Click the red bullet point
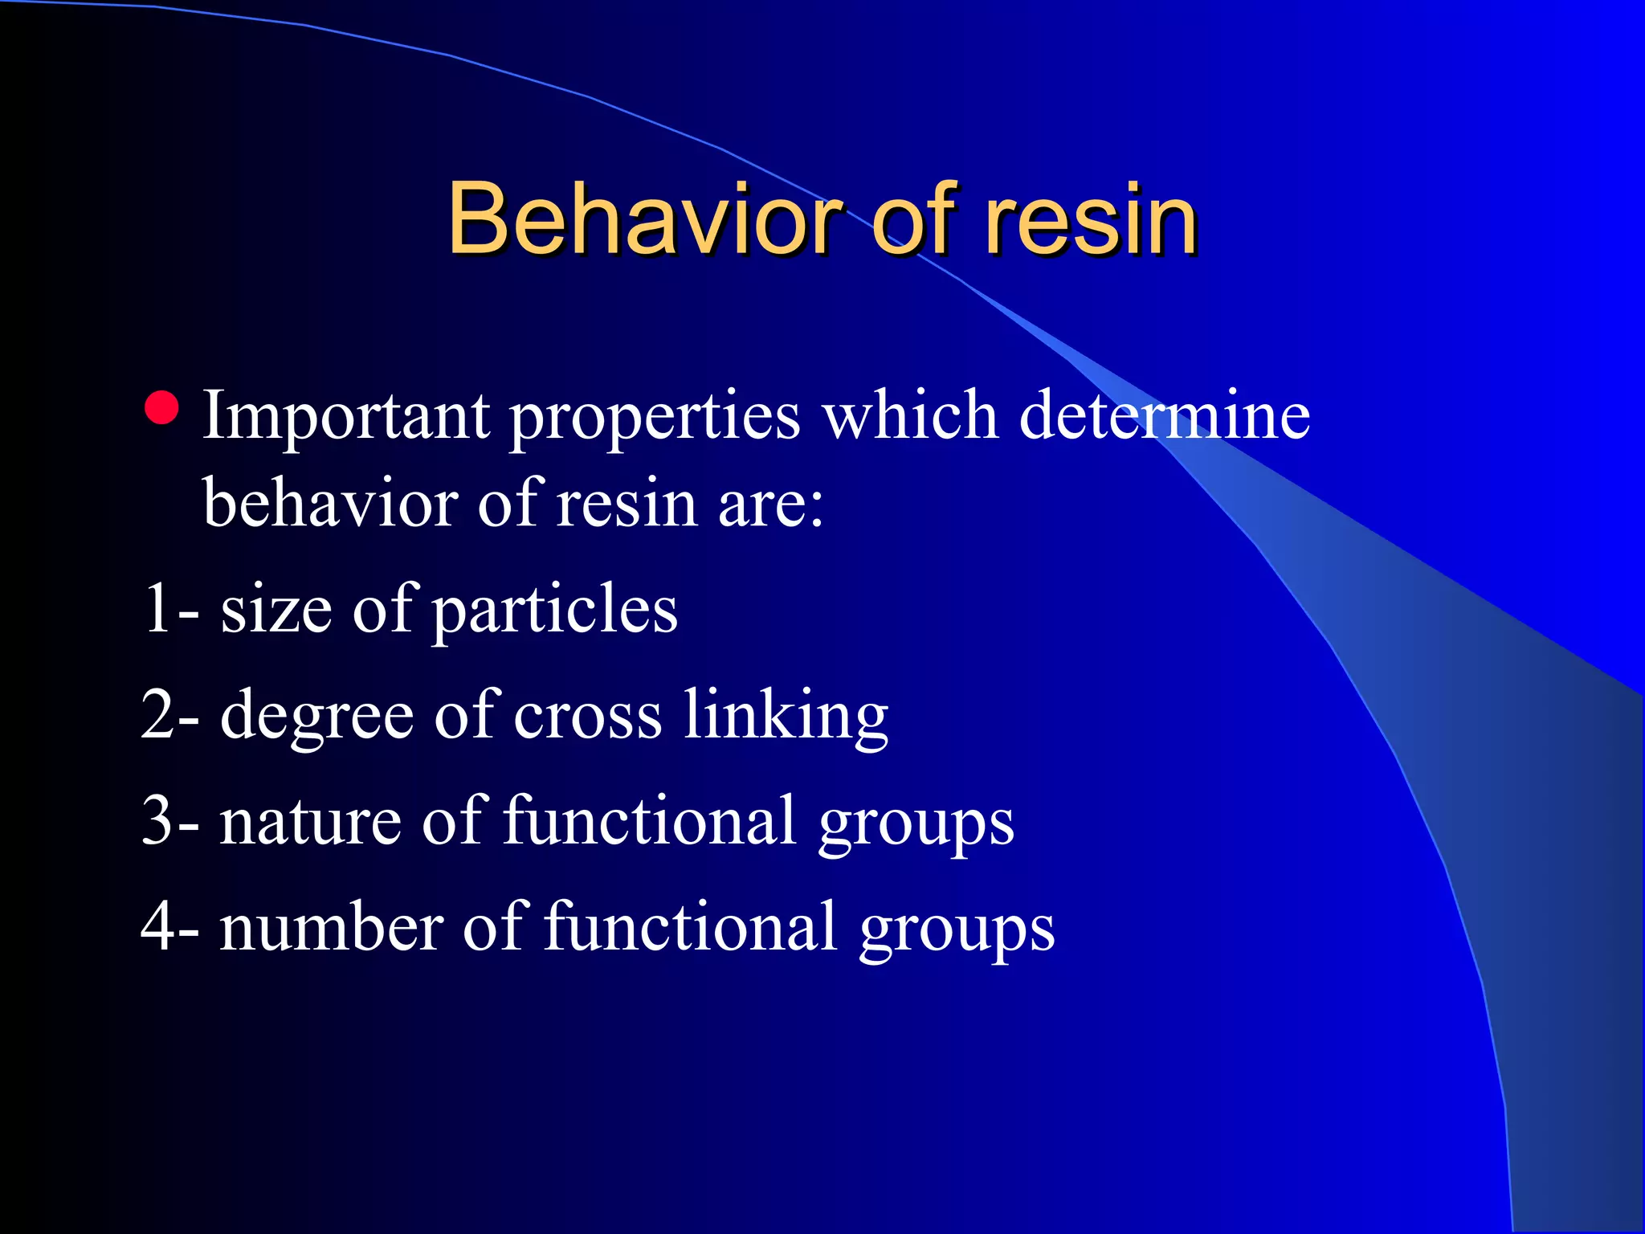click(162, 408)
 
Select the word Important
click(346, 416)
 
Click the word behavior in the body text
click(330, 503)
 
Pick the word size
click(276, 611)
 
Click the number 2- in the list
click(170, 715)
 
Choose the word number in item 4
click(330, 928)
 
